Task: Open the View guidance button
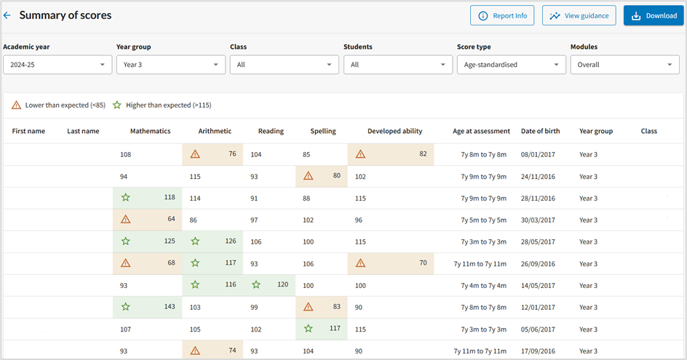point(579,15)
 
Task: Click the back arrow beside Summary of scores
point(7,15)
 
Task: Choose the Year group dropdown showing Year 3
point(170,65)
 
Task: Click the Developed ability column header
point(394,131)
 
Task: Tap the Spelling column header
point(323,131)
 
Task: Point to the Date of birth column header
point(540,131)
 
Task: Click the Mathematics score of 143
point(169,307)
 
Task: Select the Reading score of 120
point(282,285)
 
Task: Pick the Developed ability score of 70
point(422,263)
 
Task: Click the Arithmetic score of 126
point(230,241)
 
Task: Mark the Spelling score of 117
point(334,329)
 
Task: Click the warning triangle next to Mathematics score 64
point(126,220)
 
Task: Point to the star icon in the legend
point(117,105)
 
